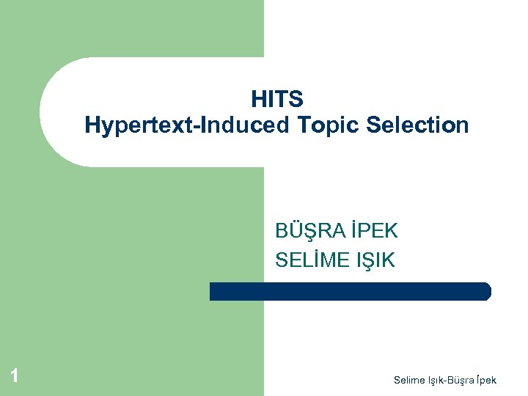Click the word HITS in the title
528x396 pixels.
click(x=276, y=99)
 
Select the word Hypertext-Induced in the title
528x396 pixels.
click(x=187, y=125)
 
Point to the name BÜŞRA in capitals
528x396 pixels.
click(x=309, y=232)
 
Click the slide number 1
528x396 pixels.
click(x=13, y=377)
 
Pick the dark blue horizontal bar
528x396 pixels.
click(x=350, y=291)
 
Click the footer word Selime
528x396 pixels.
click(x=408, y=380)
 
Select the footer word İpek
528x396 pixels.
click(x=485, y=380)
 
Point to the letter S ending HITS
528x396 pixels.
click(x=296, y=99)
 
